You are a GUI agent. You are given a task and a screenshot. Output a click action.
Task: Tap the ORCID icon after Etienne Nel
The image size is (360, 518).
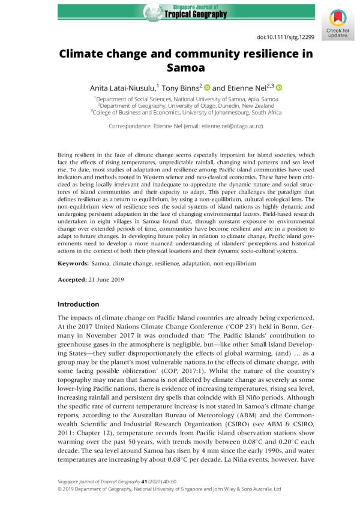tap(279, 88)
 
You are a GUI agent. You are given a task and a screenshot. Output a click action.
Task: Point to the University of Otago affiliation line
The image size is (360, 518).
tap(180, 104)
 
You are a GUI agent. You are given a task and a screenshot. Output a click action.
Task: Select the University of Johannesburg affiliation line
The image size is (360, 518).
tap(180, 112)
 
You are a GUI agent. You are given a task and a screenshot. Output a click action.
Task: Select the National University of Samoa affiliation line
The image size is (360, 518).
tap(180, 97)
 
